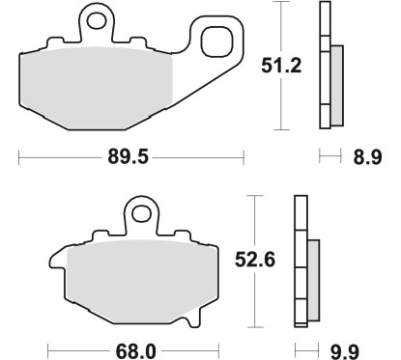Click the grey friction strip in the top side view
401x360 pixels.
pos(336,85)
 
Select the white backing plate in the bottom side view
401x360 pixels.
pos(300,261)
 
